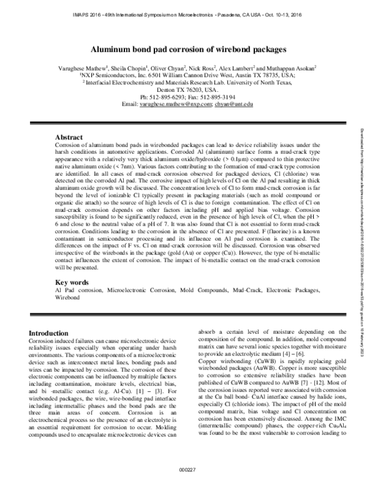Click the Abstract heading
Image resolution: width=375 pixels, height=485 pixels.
69,136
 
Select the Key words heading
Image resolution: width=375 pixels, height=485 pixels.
72,282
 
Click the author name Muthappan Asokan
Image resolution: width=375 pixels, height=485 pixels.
290,67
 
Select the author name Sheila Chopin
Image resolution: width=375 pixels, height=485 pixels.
129,67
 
